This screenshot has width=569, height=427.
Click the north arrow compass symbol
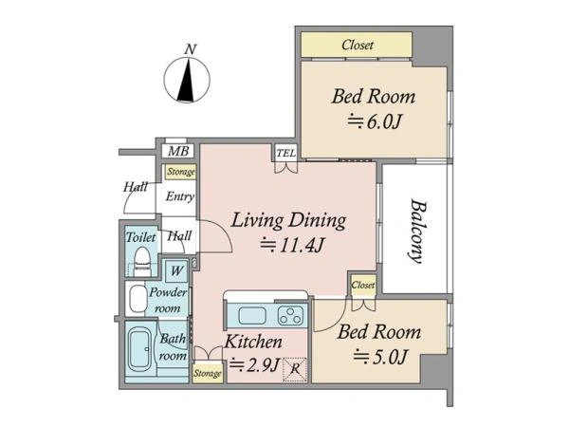tap(187, 80)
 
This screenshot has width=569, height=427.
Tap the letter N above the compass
tap(191, 49)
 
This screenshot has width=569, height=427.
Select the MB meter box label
tap(178, 151)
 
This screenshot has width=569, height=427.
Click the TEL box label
tap(286, 153)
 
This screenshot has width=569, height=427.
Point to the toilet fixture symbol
tap(142, 262)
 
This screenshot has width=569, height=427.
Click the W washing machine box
tap(176, 270)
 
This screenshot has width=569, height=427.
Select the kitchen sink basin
tap(252, 315)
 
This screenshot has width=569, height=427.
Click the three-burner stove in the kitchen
tap(291, 315)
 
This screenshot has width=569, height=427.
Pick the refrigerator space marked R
tap(295, 370)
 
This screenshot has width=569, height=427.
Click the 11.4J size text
tap(292, 246)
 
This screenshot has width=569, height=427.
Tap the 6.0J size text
tap(375, 122)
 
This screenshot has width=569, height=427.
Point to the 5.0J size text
tap(381, 357)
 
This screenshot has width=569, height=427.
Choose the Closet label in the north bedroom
tap(358, 45)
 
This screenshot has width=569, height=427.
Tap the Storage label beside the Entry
tap(181, 172)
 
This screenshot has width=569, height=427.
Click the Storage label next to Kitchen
tap(207, 373)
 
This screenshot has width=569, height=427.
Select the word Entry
tap(180, 196)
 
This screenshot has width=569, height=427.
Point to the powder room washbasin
tap(138, 299)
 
